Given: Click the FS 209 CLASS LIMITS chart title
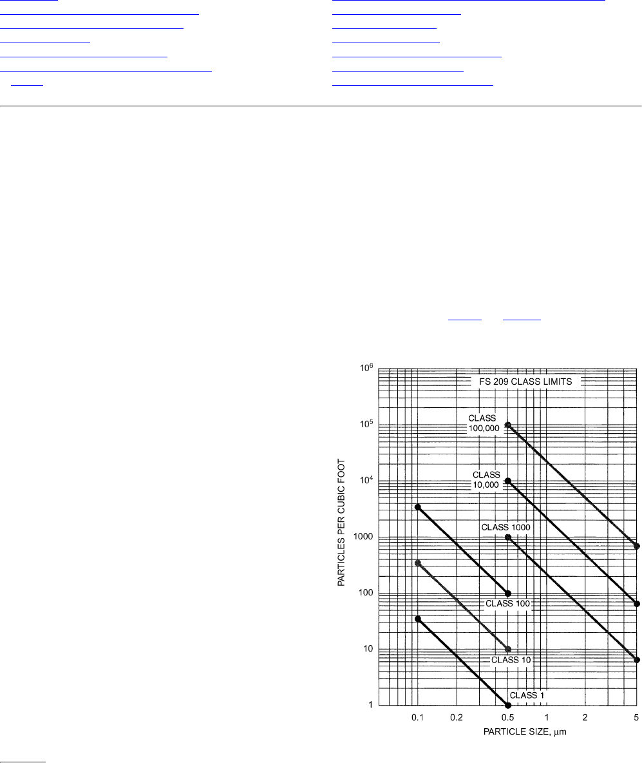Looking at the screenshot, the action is (x=525, y=382).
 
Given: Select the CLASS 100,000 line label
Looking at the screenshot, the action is (x=484, y=423).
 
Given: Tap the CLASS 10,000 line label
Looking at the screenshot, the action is (x=486, y=480).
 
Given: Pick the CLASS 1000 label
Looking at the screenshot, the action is (x=506, y=528).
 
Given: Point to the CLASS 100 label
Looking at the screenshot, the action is (x=508, y=603).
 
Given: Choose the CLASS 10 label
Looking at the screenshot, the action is (x=511, y=660).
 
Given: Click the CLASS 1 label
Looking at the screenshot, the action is (x=527, y=695).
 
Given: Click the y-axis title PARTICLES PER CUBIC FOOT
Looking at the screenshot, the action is (x=341, y=522).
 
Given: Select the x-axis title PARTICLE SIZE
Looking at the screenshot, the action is (x=525, y=731).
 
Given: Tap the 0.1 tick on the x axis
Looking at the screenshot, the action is (x=418, y=718).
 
